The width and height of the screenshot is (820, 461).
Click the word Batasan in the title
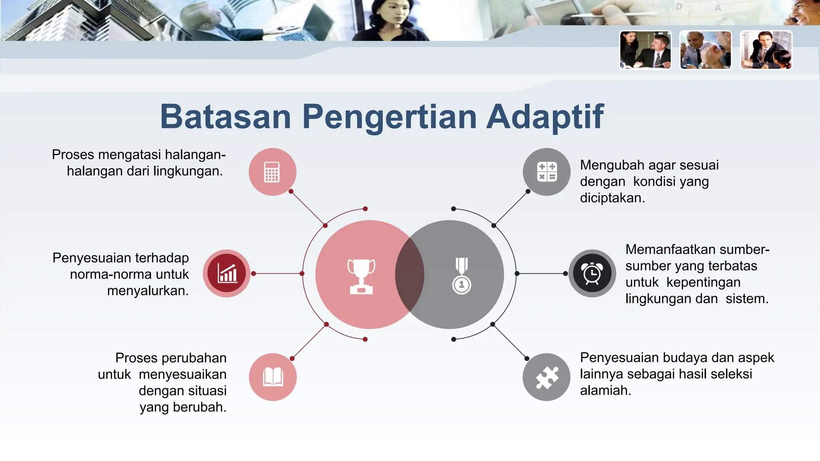[x=225, y=117]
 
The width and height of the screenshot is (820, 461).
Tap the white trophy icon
[x=361, y=276]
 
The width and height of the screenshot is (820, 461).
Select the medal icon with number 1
[x=462, y=276]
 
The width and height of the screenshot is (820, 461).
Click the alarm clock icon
[x=592, y=274]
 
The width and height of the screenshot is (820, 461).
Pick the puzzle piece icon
[x=547, y=377]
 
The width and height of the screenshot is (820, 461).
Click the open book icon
[x=273, y=377]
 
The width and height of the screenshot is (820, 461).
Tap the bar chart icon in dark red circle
[x=227, y=274]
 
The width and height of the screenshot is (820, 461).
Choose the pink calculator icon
[x=272, y=172]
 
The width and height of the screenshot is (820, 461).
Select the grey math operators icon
[x=547, y=172]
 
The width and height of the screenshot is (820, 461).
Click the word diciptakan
[x=612, y=198]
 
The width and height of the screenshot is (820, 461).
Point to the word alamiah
[x=605, y=391]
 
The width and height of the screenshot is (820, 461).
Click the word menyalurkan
[x=148, y=291]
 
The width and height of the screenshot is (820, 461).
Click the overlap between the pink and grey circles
[x=410, y=275]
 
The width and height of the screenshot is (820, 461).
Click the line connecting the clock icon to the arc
[x=541, y=274]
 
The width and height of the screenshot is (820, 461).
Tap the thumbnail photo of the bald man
[x=705, y=50]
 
